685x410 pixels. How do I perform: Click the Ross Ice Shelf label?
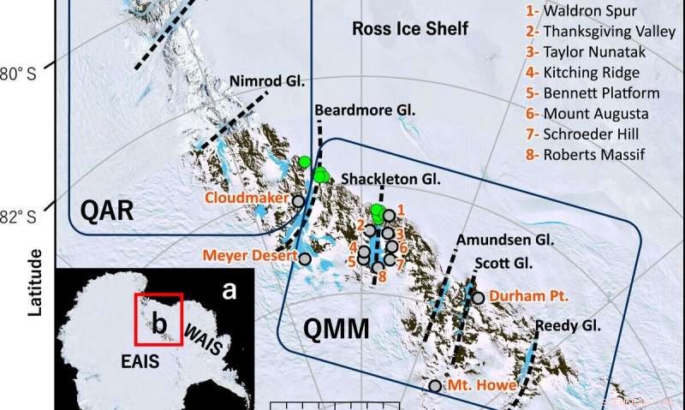pos(411,29)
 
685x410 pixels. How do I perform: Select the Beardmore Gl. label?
pos(365,111)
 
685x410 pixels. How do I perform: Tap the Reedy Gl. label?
pos(569,325)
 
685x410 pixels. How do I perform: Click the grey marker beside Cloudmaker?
pos(298,201)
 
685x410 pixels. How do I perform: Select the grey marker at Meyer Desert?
pos(305,258)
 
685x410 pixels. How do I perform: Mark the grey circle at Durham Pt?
pos(479,297)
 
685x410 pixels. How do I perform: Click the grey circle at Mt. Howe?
pos(435,386)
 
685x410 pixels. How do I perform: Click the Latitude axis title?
pos(35,282)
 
